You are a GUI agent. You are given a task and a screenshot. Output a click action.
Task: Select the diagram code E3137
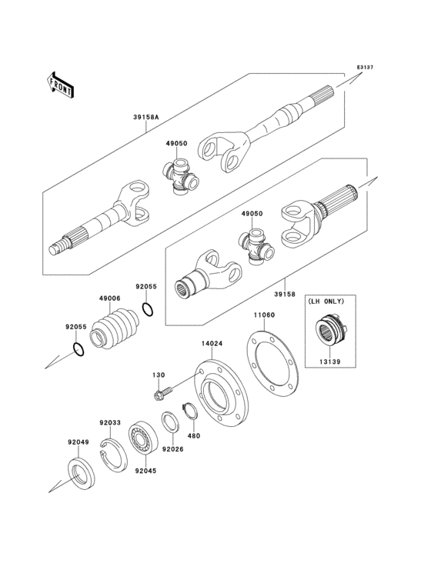coord(364,68)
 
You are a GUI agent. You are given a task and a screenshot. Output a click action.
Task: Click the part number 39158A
coord(145,118)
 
